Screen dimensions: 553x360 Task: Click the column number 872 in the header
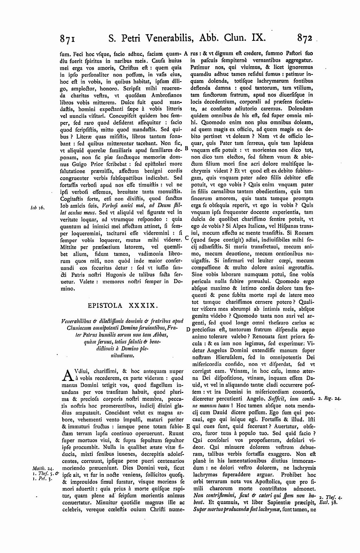click(x=306, y=38)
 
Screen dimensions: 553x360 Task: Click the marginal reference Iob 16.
click(x=37, y=208)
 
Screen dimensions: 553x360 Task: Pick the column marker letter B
click(x=186, y=148)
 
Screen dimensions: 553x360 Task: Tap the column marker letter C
click(x=186, y=238)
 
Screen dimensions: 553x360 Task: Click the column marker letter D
click(x=188, y=330)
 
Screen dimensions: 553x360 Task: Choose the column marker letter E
click(x=188, y=426)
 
